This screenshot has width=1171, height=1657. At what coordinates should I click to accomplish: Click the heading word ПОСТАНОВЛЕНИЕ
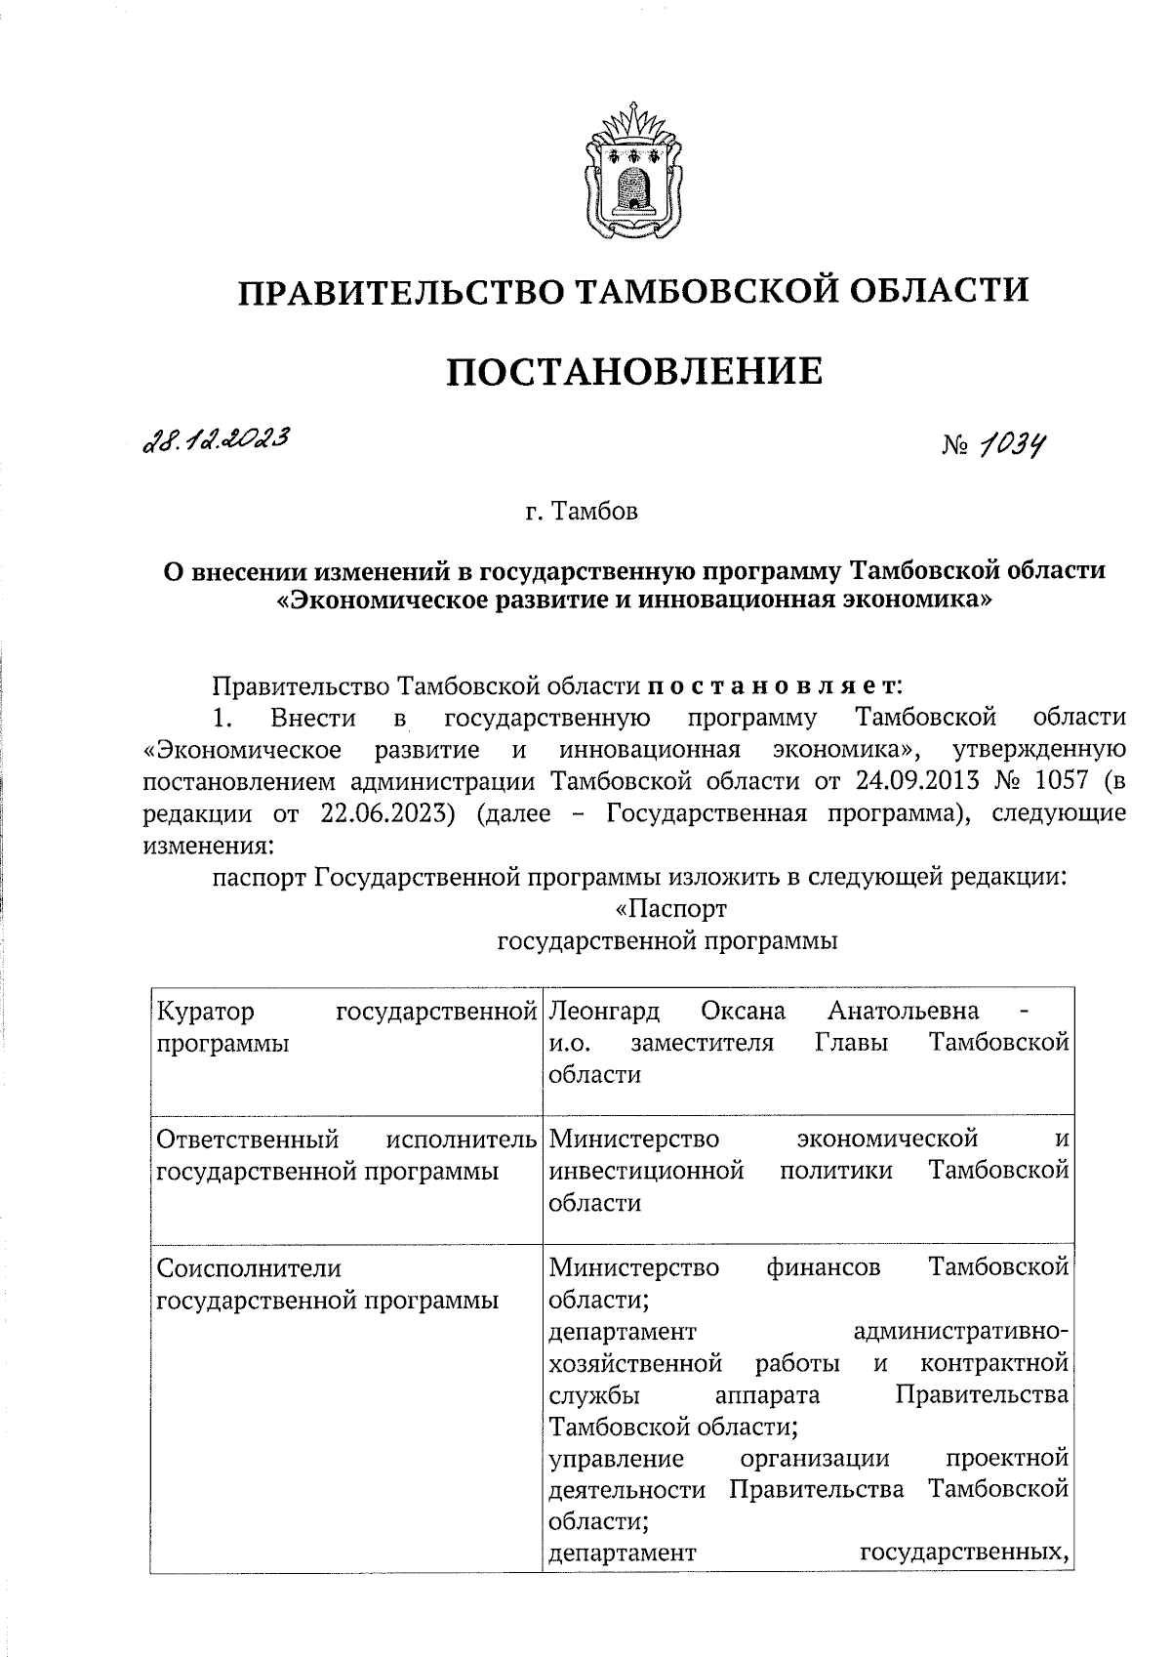pyautogui.click(x=634, y=372)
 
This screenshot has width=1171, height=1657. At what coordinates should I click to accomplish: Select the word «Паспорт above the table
pyautogui.click(x=671, y=909)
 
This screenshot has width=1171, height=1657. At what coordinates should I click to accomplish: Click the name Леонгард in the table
pyautogui.click(x=604, y=1010)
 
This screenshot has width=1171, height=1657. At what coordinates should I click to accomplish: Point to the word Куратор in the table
pyautogui.click(x=206, y=1010)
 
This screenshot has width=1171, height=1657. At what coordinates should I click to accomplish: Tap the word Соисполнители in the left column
pyautogui.click(x=250, y=1268)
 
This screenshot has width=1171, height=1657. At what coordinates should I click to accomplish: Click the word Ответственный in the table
pyautogui.click(x=248, y=1139)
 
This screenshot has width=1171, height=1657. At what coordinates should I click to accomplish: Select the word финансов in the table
pyautogui.click(x=824, y=1268)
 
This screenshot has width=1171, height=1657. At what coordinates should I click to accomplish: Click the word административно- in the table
pyautogui.click(x=960, y=1332)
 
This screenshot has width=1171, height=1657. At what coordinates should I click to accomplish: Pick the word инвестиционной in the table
pyautogui.click(x=647, y=1171)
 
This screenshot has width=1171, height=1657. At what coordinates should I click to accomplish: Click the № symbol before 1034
pyautogui.click(x=955, y=447)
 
